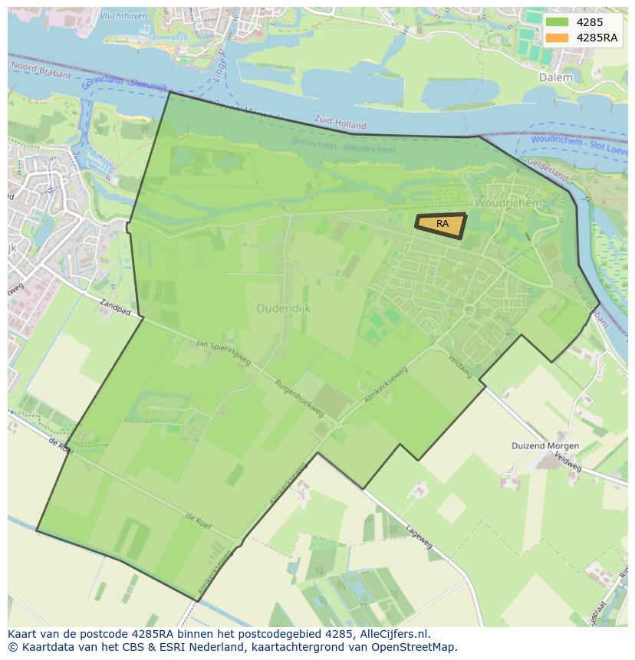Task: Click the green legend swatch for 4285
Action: coord(558,22)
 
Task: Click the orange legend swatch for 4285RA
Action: coord(558,38)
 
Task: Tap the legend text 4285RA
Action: coord(597,38)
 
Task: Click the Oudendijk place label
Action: coord(283,308)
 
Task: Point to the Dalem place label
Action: coord(556,77)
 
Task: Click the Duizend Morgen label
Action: coord(545,445)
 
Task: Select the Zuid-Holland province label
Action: coord(341,123)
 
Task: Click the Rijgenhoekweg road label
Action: coord(299,399)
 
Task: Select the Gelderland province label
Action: coord(548,169)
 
